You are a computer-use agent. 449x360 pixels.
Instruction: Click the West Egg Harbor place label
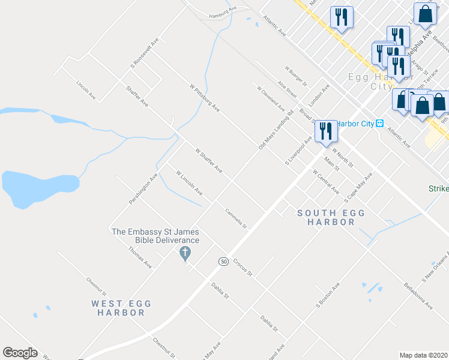[118, 308]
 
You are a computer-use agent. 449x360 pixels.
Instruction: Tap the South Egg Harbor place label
[326, 217]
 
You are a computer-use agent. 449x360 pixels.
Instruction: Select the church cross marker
[185, 253]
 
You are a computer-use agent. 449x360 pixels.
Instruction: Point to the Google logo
[20, 353]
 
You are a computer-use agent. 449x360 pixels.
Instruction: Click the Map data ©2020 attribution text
[423, 355]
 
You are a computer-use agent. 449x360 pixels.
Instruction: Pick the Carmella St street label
[236, 218]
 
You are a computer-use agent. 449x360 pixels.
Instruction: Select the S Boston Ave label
[328, 296]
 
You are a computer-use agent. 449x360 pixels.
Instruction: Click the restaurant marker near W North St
[325, 132]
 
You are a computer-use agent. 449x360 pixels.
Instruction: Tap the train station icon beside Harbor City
[379, 124]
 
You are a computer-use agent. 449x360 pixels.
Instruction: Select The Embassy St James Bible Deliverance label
[155, 236]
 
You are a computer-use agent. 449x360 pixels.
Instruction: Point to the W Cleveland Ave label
[271, 98]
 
